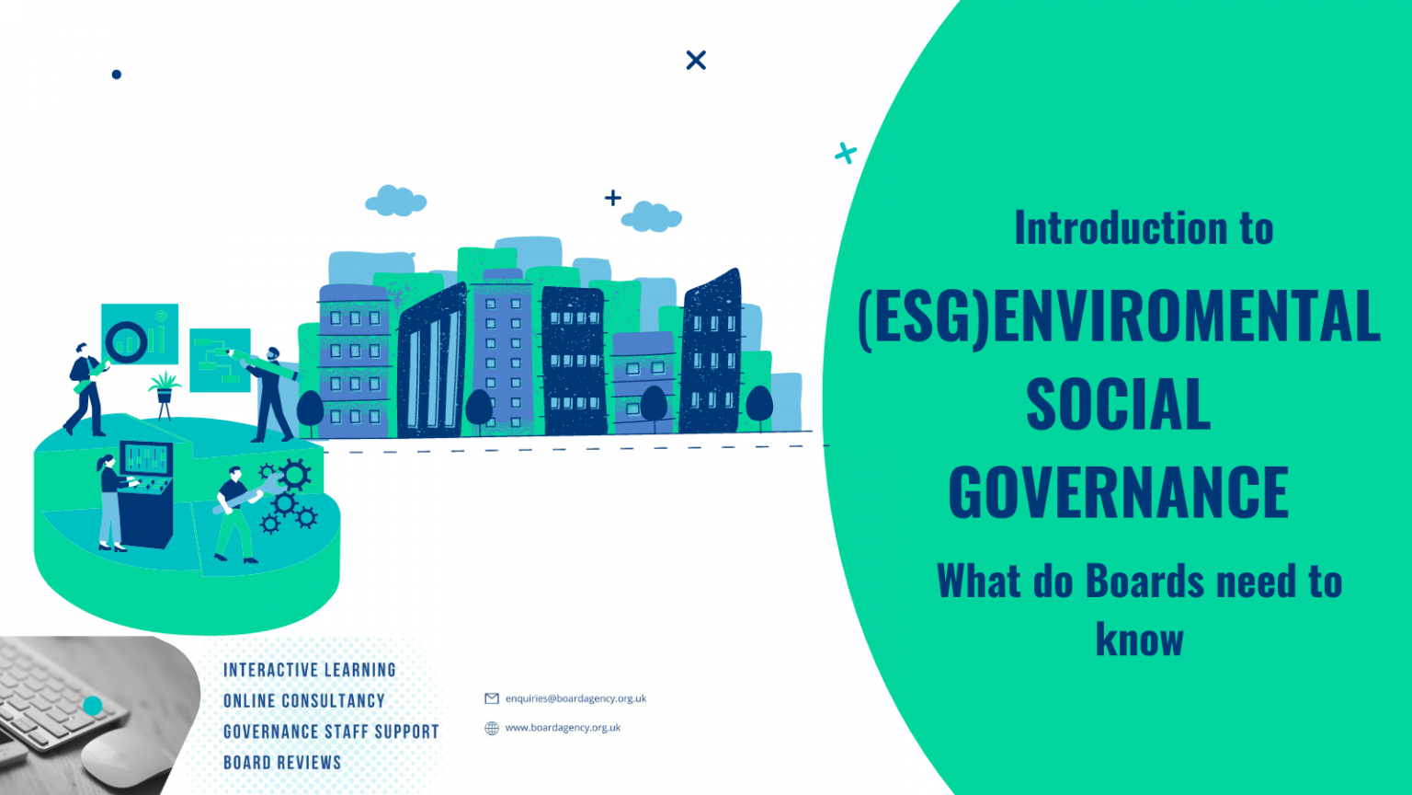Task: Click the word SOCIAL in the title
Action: [1118, 404]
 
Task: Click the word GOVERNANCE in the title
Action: [1118, 492]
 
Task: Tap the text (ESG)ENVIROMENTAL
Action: [1118, 317]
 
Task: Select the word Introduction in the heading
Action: [1121, 227]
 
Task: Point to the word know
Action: [1139, 639]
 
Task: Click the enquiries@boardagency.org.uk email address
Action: [575, 698]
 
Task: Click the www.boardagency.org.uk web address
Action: [563, 728]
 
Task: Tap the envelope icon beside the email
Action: [492, 698]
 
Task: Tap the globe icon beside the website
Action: [492, 728]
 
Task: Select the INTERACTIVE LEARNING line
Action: [309, 670]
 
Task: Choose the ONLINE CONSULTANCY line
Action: [303, 700]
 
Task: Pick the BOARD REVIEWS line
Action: [282, 762]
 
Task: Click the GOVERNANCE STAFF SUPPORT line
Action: [331, 732]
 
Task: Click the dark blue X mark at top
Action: [696, 60]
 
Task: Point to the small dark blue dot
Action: [117, 75]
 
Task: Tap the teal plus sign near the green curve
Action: [845, 153]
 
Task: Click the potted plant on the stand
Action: [165, 391]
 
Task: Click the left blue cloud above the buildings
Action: [395, 201]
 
